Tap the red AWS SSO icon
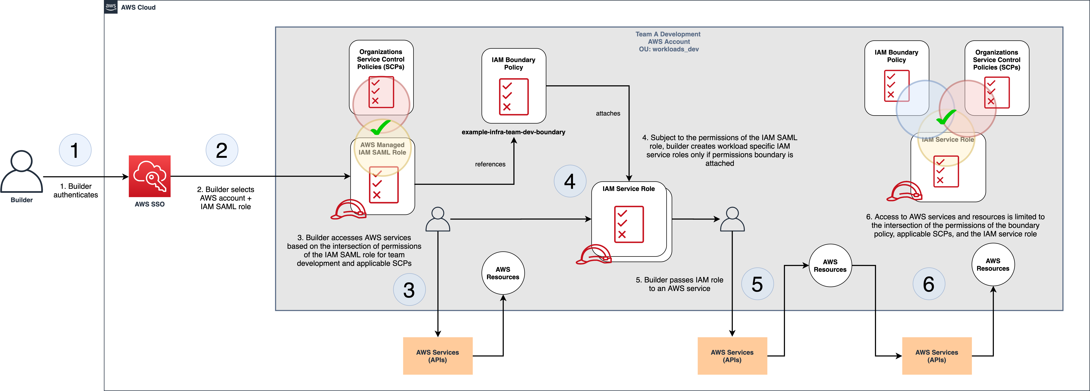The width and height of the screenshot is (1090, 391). (x=149, y=176)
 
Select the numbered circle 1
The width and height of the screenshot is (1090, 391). (x=75, y=150)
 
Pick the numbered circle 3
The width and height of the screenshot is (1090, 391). (x=409, y=290)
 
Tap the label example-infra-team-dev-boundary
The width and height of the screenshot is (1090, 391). (x=513, y=132)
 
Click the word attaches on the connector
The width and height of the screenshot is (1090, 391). (x=608, y=113)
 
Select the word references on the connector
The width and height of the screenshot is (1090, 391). (x=490, y=164)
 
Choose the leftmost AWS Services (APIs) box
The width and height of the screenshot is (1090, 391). (x=437, y=356)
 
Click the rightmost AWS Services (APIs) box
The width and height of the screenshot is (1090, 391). (x=936, y=356)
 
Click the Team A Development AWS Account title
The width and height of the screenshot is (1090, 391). (x=668, y=41)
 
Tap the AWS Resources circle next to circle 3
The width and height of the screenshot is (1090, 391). (x=503, y=273)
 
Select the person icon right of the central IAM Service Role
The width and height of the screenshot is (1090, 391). (x=732, y=219)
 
